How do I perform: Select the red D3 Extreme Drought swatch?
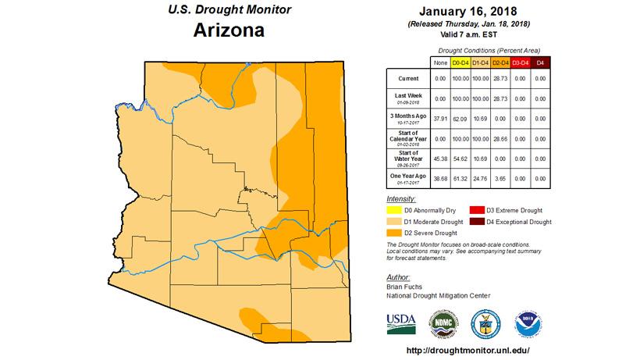[475, 210]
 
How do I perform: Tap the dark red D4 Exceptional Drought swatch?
[475, 222]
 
